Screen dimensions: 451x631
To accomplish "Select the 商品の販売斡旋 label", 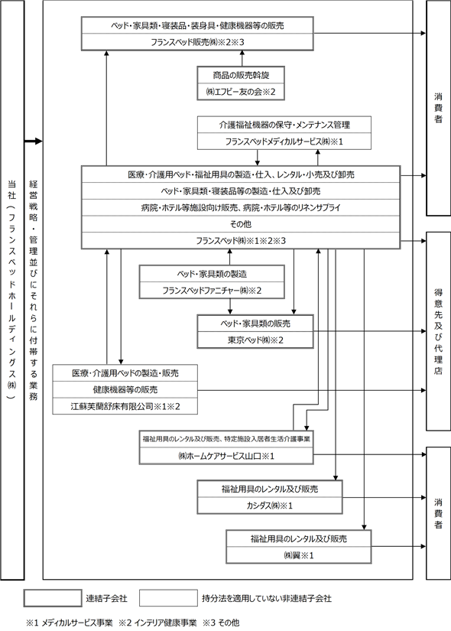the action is (x=241, y=75).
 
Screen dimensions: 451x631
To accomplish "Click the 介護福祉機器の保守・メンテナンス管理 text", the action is (x=284, y=125).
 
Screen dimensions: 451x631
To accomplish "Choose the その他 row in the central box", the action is (x=241, y=224).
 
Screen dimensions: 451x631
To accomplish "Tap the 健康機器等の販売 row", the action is (x=125, y=390).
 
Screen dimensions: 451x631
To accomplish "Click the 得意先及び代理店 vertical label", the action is (x=438, y=332).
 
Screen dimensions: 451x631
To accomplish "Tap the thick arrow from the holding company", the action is (x=34, y=141).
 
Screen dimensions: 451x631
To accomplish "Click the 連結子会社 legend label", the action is (x=106, y=599).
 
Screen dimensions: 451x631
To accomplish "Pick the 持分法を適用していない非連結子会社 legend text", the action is (x=267, y=599).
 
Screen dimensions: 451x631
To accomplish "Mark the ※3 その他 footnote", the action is (x=221, y=623).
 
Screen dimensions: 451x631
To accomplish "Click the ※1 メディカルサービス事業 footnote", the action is (x=70, y=623).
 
